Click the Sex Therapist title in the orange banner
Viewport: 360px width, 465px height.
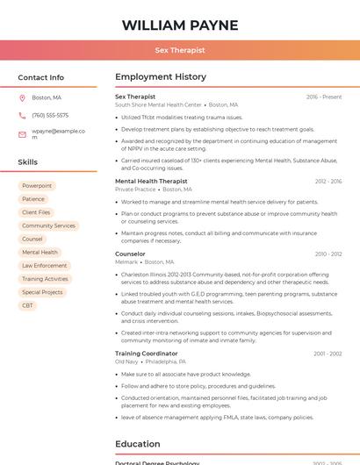[x=179, y=51]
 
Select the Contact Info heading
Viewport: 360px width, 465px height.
[x=41, y=77]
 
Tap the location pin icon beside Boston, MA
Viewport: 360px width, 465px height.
[x=22, y=97]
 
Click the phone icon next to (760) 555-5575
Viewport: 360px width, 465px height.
[x=22, y=115]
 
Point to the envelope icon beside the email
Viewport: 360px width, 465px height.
[x=22, y=135]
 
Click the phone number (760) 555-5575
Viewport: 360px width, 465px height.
[x=50, y=115]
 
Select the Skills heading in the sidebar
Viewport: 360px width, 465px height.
[x=28, y=162]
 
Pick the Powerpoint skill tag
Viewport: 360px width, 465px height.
[x=37, y=186]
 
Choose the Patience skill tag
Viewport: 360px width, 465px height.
[x=33, y=199]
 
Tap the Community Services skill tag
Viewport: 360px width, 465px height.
[x=48, y=225]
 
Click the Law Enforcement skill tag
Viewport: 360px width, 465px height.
[x=45, y=265]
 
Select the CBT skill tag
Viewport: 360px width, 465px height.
[x=28, y=305]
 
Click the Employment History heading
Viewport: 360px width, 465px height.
[x=161, y=77]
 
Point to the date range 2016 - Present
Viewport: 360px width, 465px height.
[x=324, y=97]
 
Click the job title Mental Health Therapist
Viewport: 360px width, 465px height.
[x=151, y=181]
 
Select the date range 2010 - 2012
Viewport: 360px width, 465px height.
[x=328, y=254]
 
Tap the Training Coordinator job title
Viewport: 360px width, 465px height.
[x=146, y=353]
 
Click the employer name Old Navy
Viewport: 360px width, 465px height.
[x=126, y=361]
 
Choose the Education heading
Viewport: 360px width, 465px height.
[x=138, y=444]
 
